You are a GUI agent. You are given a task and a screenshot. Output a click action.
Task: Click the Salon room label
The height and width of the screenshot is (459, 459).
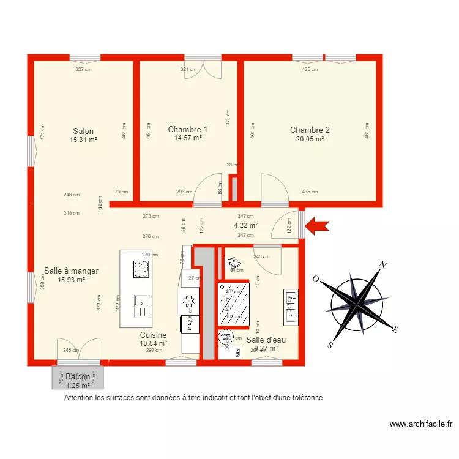point(83,131)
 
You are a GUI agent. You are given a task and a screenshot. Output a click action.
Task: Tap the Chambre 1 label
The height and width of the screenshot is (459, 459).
point(187,130)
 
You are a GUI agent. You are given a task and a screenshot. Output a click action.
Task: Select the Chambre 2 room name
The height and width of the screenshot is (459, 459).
point(310,130)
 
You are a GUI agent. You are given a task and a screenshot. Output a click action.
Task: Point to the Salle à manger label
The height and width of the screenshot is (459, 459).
point(71,271)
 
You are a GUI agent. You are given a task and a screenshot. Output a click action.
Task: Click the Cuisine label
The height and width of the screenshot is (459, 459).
point(153,335)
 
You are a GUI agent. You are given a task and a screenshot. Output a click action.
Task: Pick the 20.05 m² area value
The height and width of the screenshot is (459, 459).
point(310,139)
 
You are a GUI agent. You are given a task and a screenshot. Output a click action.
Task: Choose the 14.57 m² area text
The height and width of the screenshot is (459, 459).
point(188,138)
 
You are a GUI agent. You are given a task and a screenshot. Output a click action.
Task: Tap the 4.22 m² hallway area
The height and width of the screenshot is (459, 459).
point(245,225)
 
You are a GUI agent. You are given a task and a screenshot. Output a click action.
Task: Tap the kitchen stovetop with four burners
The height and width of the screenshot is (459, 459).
point(141,269)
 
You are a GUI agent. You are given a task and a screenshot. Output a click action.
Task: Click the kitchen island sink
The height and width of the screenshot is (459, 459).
point(141,305)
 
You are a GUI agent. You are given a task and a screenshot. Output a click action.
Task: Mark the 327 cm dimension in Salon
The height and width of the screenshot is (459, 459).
point(83,69)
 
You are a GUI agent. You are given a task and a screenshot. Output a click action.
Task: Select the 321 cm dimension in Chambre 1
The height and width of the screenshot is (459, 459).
point(188,69)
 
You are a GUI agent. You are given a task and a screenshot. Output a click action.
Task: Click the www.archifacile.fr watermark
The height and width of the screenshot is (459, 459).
point(420,424)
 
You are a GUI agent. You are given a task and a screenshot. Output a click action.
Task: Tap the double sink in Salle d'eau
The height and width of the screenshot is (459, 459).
point(290,307)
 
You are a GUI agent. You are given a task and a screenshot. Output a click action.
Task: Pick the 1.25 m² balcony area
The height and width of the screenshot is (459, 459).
point(78,386)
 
